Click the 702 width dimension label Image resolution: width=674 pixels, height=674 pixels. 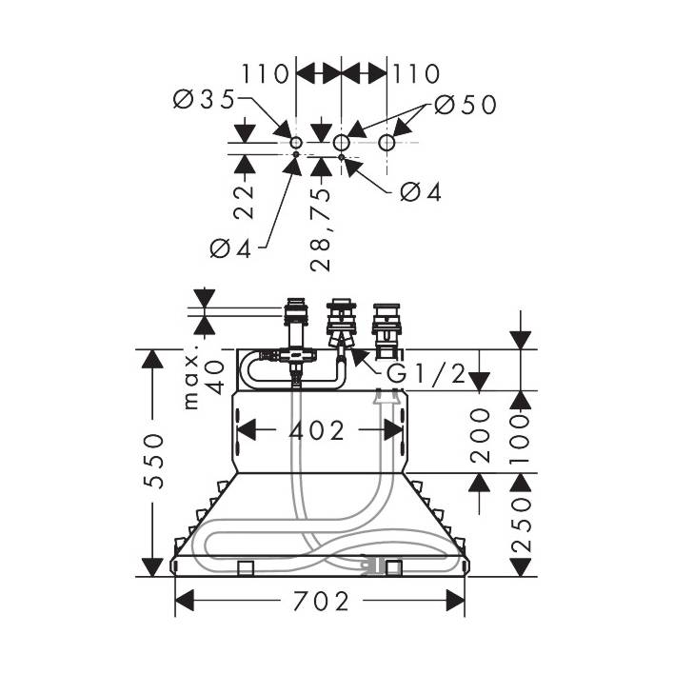click(x=320, y=603)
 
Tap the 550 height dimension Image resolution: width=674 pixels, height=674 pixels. click(x=155, y=461)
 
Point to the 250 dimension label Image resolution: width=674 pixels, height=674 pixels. click(x=521, y=525)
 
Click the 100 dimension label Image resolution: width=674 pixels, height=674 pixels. click(x=521, y=433)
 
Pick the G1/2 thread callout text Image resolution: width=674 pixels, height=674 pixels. click(x=426, y=374)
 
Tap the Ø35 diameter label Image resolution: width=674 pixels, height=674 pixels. click(x=206, y=99)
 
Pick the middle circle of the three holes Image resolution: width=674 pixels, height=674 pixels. click(x=342, y=142)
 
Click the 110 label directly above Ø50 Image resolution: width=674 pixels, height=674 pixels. click(x=414, y=73)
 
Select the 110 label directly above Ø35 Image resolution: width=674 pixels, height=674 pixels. click(x=268, y=73)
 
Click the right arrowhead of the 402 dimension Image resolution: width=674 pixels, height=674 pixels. click(x=394, y=430)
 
